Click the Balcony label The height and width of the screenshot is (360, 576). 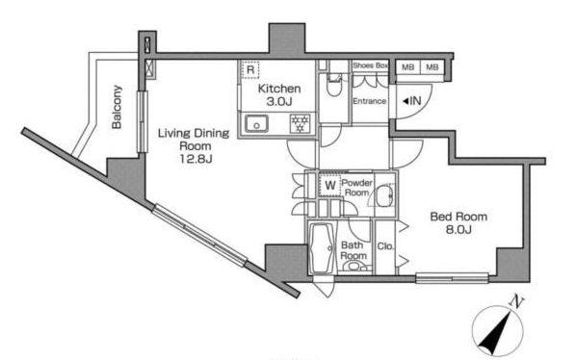point(117,107)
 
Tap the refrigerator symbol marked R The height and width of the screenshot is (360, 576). point(250,69)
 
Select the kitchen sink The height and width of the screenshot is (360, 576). point(256,123)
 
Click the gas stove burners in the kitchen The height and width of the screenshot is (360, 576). point(301,123)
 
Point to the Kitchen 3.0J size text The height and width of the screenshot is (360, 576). point(279,102)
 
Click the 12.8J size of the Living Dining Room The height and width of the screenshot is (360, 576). point(196,159)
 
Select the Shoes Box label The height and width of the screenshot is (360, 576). point(370,65)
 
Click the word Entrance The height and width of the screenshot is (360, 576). point(370,101)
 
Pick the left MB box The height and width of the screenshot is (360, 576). point(407,67)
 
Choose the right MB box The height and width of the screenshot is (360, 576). point(432,67)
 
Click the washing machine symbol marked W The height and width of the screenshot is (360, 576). point(330,185)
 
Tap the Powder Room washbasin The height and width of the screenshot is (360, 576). point(385,196)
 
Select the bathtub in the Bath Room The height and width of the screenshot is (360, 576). point(322,247)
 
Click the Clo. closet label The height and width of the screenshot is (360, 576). point(385,246)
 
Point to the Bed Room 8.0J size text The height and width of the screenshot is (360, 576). point(458,230)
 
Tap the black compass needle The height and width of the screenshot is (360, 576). point(496,333)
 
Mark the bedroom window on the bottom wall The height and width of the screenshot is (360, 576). point(452,277)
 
